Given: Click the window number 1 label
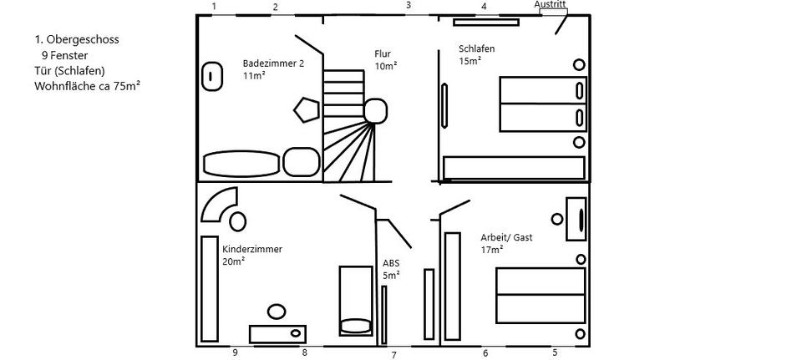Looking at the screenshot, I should [215, 7].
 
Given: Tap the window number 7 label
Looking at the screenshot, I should [393, 356].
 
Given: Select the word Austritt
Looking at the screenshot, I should [551, 4].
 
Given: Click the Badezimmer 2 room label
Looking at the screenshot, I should [273, 63].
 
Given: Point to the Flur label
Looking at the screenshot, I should [383, 54].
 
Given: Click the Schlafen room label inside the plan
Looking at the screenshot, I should [476, 48].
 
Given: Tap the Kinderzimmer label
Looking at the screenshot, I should [252, 249].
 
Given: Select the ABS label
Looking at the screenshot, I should [390, 262].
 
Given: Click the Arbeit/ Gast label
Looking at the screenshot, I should [506, 237].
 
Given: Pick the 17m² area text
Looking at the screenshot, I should [492, 249].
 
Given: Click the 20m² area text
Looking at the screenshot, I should [233, 261].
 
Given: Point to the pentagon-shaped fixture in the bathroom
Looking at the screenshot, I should [306, 109].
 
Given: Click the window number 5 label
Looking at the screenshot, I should [555, 352].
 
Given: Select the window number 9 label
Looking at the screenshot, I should [236, 353].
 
